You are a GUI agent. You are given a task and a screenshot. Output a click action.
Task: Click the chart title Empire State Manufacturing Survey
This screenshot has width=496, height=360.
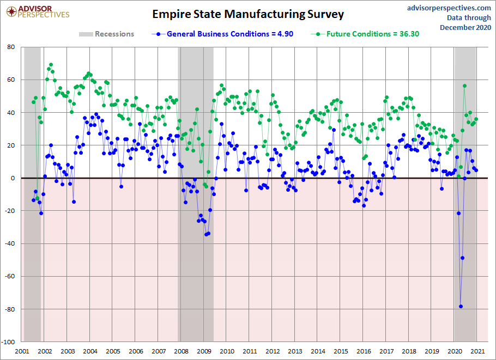(x=248, y=14)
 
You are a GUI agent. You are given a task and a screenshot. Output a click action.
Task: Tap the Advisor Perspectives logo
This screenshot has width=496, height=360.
(x=37, y=11)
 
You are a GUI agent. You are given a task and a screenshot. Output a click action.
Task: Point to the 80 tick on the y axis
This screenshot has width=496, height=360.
(x=11, y=47)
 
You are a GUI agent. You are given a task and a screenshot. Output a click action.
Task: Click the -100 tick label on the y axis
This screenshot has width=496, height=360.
(x=9, y=342)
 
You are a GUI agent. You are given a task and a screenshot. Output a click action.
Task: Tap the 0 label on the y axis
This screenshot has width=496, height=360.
(x=13, y=178)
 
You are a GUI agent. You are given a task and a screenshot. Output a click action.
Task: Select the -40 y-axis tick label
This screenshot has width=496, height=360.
(x=10, y=244)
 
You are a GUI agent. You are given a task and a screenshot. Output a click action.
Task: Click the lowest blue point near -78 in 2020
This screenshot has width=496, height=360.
(x=461, y=306)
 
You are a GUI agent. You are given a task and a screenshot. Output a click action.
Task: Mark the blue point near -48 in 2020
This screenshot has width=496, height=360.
(x=462, y=258)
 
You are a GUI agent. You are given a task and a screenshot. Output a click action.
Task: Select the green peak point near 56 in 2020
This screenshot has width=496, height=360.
(x=464, y=86)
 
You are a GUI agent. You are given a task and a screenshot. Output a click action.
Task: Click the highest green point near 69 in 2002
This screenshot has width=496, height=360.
(x=51, y=65)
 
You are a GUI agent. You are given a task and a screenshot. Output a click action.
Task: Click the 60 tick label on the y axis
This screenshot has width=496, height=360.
(x=11, y=80)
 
